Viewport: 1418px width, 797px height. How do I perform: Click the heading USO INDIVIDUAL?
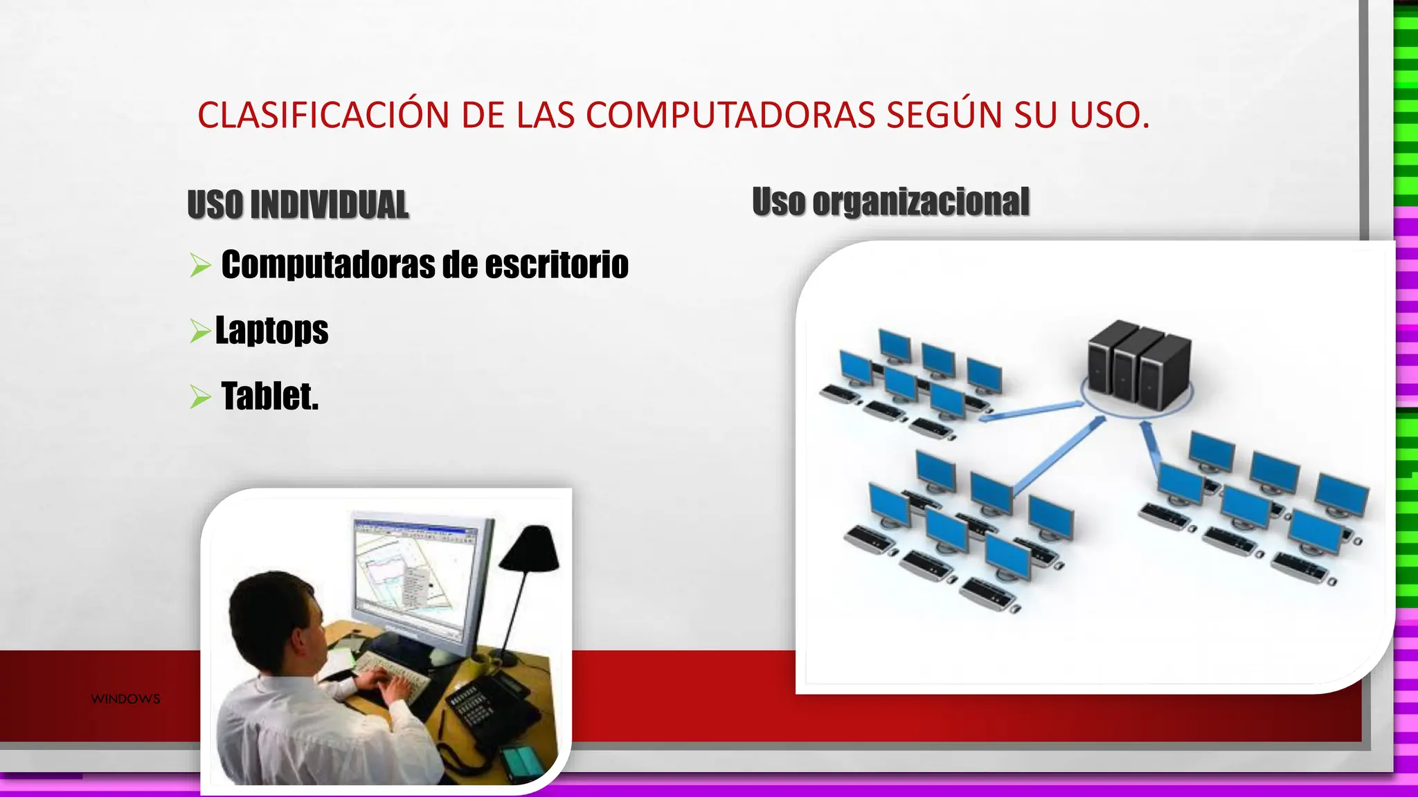298,205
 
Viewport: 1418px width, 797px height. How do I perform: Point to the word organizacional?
920,202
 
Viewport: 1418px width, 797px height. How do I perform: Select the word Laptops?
271,330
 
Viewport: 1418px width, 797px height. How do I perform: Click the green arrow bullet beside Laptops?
200,331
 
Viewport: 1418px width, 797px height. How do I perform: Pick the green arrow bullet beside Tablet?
200,397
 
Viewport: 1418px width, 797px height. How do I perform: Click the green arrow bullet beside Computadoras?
200,265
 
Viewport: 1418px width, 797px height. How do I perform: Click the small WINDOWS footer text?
125,699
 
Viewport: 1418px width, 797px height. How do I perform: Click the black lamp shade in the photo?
531,550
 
